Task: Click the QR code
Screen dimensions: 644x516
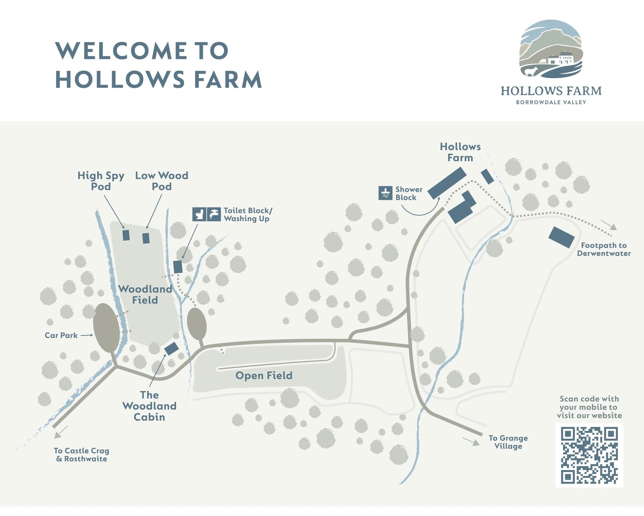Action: [589, 455]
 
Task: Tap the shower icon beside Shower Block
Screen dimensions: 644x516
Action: [385, 193]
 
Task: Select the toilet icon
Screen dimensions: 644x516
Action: [199, 214]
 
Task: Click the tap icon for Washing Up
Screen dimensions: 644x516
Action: [214, 214]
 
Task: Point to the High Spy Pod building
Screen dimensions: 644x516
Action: [126, 235]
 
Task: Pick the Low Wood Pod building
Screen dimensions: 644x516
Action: [146, 238]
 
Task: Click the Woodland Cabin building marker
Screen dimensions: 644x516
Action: [172, 349]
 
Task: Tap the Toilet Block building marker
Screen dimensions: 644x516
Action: [178, 266]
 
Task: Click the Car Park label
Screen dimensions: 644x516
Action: [61, 335]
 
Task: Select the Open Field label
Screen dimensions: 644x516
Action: [264, 375]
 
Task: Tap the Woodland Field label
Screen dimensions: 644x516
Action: [145, 294]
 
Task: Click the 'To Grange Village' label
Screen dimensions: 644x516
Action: [508, 442]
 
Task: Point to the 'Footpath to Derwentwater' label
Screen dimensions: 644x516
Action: [604, 249]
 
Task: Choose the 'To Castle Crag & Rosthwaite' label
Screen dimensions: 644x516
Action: [82, 455]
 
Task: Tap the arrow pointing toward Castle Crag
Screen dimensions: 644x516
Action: [61, 432]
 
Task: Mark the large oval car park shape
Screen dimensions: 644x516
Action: [107, 328]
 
